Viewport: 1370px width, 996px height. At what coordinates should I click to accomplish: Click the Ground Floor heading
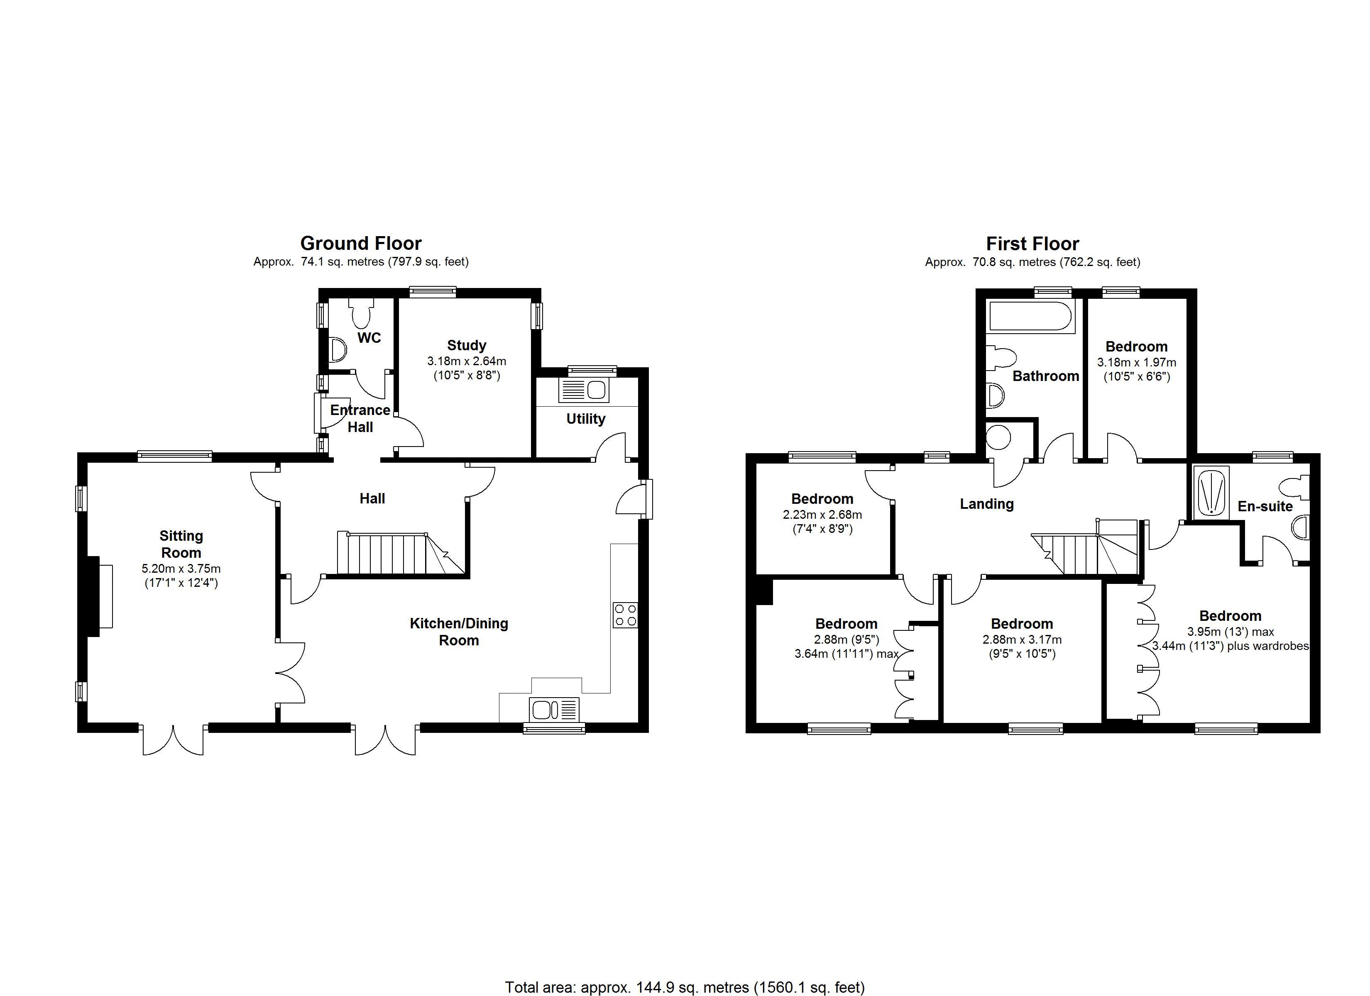361,244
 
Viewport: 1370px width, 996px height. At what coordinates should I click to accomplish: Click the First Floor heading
1032,244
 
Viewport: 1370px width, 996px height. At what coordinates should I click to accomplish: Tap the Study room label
466,346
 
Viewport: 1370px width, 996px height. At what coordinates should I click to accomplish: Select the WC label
369,338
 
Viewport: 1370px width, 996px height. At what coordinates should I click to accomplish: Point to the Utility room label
585,419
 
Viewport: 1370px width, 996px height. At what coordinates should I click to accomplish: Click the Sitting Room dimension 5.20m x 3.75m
181,569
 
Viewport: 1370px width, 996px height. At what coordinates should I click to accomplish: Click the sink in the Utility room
584,390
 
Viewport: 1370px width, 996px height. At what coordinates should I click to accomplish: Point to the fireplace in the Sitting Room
100,597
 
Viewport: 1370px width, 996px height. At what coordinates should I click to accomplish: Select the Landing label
986,504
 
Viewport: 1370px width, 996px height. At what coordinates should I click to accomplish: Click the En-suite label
1265,506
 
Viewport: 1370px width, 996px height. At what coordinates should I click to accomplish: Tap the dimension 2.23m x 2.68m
822,515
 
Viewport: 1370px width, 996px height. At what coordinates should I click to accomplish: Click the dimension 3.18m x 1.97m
1136,362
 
